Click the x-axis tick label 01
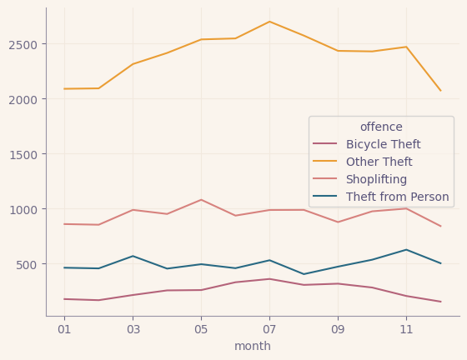coord(63,329)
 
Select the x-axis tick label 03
coord(132,329)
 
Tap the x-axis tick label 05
coord(200,329)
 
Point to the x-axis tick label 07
coord(269,329)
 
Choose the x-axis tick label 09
coord(338,329)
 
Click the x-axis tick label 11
coord(406,329)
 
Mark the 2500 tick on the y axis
coord(24,44)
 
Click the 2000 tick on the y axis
coord(24,99)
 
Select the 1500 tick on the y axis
coord(24,154)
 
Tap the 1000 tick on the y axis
coord(24,209)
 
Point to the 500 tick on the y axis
coord(28,264)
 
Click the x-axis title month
coord(253,346)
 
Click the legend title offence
coord(381,127)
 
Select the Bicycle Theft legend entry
coord(383,145)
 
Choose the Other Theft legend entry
coord(379,162)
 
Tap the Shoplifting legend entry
coord(376,180)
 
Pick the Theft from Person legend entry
coord(397,197)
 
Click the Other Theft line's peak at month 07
coord(269,22)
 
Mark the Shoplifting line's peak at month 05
coord(200,200)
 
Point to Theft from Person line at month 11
coord(406,250)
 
